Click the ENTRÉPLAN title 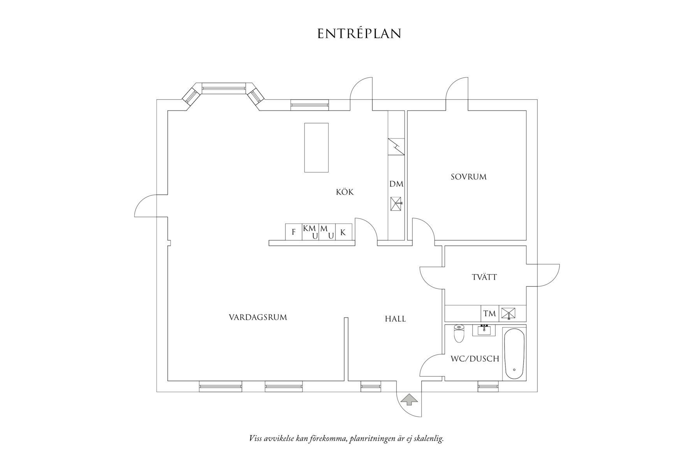coord(359,33)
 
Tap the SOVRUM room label coord(468,177)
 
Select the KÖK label coord(345,192)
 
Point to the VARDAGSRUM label coord(258,317)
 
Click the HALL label coord(395,319)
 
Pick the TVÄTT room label coord(484,277)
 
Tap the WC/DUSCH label coord(475,358)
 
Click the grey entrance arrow coord(409,399)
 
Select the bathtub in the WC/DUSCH coord(514,354)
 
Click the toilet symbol coord(459,334)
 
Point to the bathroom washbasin coord(484,330)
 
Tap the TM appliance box coord(489,313)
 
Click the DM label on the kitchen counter coord(396,184)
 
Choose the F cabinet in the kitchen coord(294,232)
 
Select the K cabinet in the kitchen coord(343,232)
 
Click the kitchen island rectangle coord(316,148)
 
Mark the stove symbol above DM coord(396,147)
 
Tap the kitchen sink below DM coord(396,204)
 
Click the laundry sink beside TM coord(508,313)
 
